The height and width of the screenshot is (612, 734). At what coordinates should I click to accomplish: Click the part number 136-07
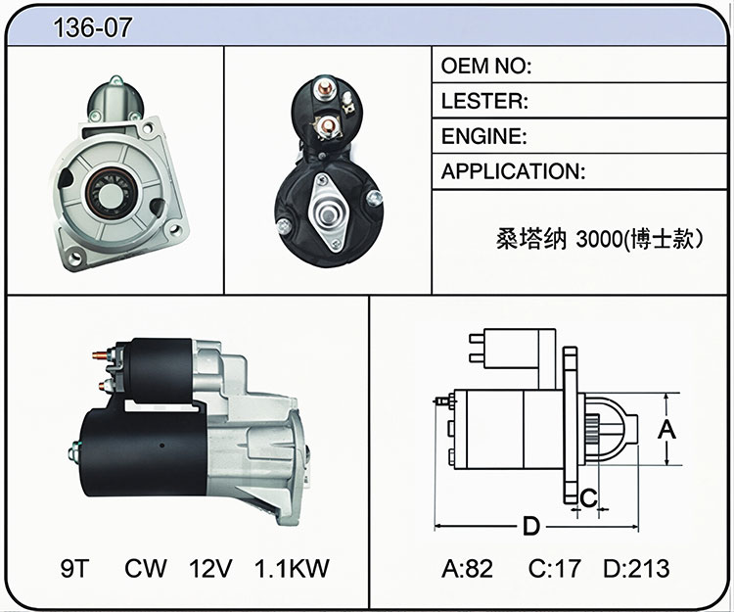click(93, 27)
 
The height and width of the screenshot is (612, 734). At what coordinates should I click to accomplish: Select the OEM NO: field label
click(486, 66)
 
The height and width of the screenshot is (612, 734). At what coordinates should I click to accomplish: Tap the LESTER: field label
click(484, 101)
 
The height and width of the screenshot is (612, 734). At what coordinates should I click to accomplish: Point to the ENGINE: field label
click(484, 136)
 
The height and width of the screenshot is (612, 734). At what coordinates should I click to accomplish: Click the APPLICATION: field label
click(513, 171)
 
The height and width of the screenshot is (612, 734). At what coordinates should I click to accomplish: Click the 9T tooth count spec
click(74, 569)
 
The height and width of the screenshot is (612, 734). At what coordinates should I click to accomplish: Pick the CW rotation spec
click(145, 569)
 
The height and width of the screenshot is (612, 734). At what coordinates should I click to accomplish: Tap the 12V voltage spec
click(210, 569)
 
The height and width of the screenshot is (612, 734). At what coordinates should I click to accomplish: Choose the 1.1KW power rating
click(292, 569)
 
